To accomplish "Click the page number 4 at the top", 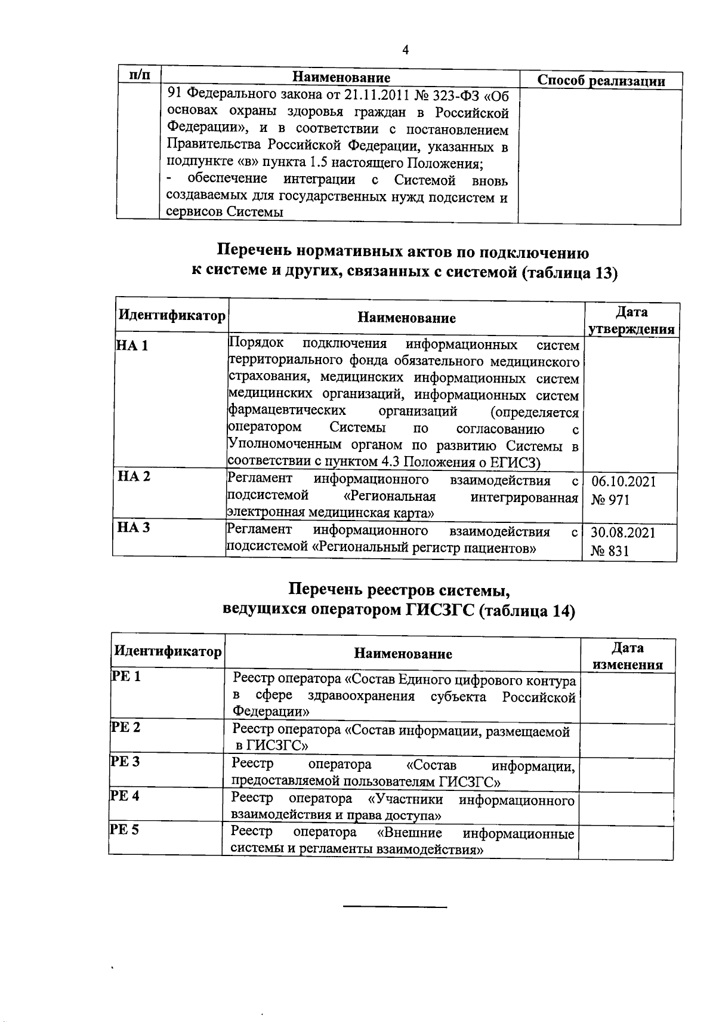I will coord(405,50).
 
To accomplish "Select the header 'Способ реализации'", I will coord(601,81).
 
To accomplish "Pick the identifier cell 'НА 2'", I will coord(134,476).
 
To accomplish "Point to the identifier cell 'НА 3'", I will coord(134,527).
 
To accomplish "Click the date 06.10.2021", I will coord(623,482).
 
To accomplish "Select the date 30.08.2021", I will coord(622,532).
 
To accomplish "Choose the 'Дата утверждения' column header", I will coord(631,321).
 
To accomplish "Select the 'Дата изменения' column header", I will coord(628,657).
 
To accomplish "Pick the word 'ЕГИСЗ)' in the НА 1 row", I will coord(519,463).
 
